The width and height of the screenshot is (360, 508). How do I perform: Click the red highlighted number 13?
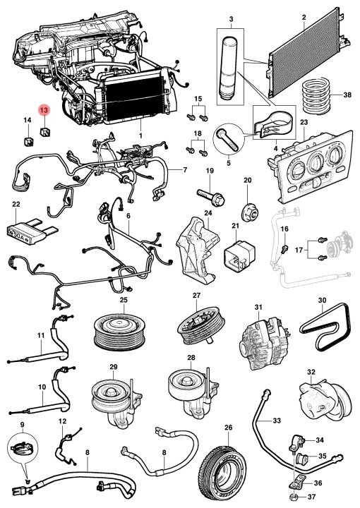[x=44, y=111]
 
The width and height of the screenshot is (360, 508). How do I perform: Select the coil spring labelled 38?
[x=316, y=95]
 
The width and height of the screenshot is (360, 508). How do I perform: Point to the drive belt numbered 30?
[x=324, y=327]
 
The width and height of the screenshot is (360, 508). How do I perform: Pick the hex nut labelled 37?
[x=293, y=497]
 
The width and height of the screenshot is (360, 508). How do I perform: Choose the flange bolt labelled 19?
[x=211, y=197]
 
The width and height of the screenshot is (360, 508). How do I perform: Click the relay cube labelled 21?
[x=239, y=255]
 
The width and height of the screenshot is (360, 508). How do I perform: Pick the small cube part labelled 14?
[x=28, y=141]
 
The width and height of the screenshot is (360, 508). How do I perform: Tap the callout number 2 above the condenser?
[x=304, y=17]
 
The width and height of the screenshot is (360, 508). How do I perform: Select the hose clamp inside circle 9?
[x=21, y=449]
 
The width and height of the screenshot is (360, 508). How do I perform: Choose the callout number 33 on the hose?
[x=277, y=421]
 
